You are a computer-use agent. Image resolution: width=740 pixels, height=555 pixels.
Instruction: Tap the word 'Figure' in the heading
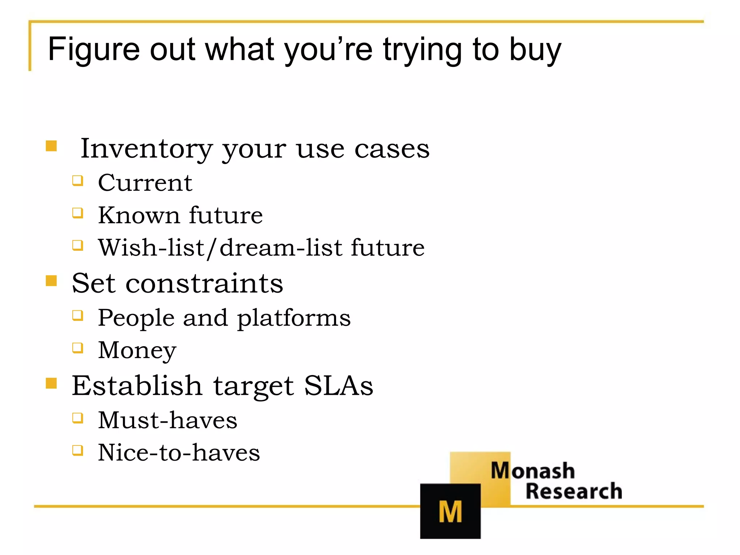[x=94, y=50]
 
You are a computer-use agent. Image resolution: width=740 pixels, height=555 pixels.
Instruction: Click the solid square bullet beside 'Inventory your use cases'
[x=51, y=146]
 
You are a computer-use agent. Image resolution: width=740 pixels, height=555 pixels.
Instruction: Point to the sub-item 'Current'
[x=145, y=183]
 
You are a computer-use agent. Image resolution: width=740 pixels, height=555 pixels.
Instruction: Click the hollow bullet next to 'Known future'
[x=78, y=213]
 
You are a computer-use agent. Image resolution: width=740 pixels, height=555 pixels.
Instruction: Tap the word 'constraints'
[x=204, y=283]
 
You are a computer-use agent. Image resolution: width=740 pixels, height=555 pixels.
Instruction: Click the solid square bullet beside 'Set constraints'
[x=51, y=280]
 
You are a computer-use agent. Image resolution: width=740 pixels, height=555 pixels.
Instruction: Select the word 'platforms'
[x=294, y=318]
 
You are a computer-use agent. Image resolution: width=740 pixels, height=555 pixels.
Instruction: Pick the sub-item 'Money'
[x=137, y=350]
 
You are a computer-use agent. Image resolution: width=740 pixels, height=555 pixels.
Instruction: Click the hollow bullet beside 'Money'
[x=78, y=348]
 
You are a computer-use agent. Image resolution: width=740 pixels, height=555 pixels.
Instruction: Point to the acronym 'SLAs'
[x=339, y=386]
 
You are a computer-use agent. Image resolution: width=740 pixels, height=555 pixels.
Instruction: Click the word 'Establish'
[x=137, y=386]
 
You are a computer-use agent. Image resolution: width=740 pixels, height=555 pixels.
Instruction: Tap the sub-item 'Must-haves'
[x=168, y=420]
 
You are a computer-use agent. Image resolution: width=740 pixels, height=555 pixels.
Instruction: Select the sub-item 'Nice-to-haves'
[x=179, y=453]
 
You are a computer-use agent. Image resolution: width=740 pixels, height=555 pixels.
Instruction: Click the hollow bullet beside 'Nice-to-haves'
[x=78, y=451]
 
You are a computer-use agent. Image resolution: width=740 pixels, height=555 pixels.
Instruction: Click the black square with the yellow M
[x=450, y=511]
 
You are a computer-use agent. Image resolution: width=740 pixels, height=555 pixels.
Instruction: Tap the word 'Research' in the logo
[x=574, y=491]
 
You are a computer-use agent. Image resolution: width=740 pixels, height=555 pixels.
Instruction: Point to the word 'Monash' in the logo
[x=533, y=471]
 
